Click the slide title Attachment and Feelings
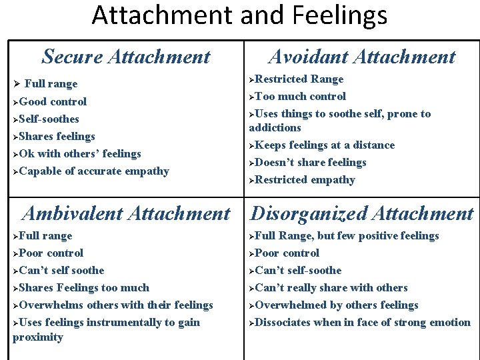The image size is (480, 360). pos(239,15)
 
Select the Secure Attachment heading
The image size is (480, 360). pos(125,57)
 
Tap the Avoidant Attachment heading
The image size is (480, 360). pos(362,57)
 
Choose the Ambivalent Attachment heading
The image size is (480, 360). pos(125,213)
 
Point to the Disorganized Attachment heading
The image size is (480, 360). pos(362,213)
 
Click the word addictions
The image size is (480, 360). pos(275,127)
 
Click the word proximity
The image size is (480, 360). pos(38,337)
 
